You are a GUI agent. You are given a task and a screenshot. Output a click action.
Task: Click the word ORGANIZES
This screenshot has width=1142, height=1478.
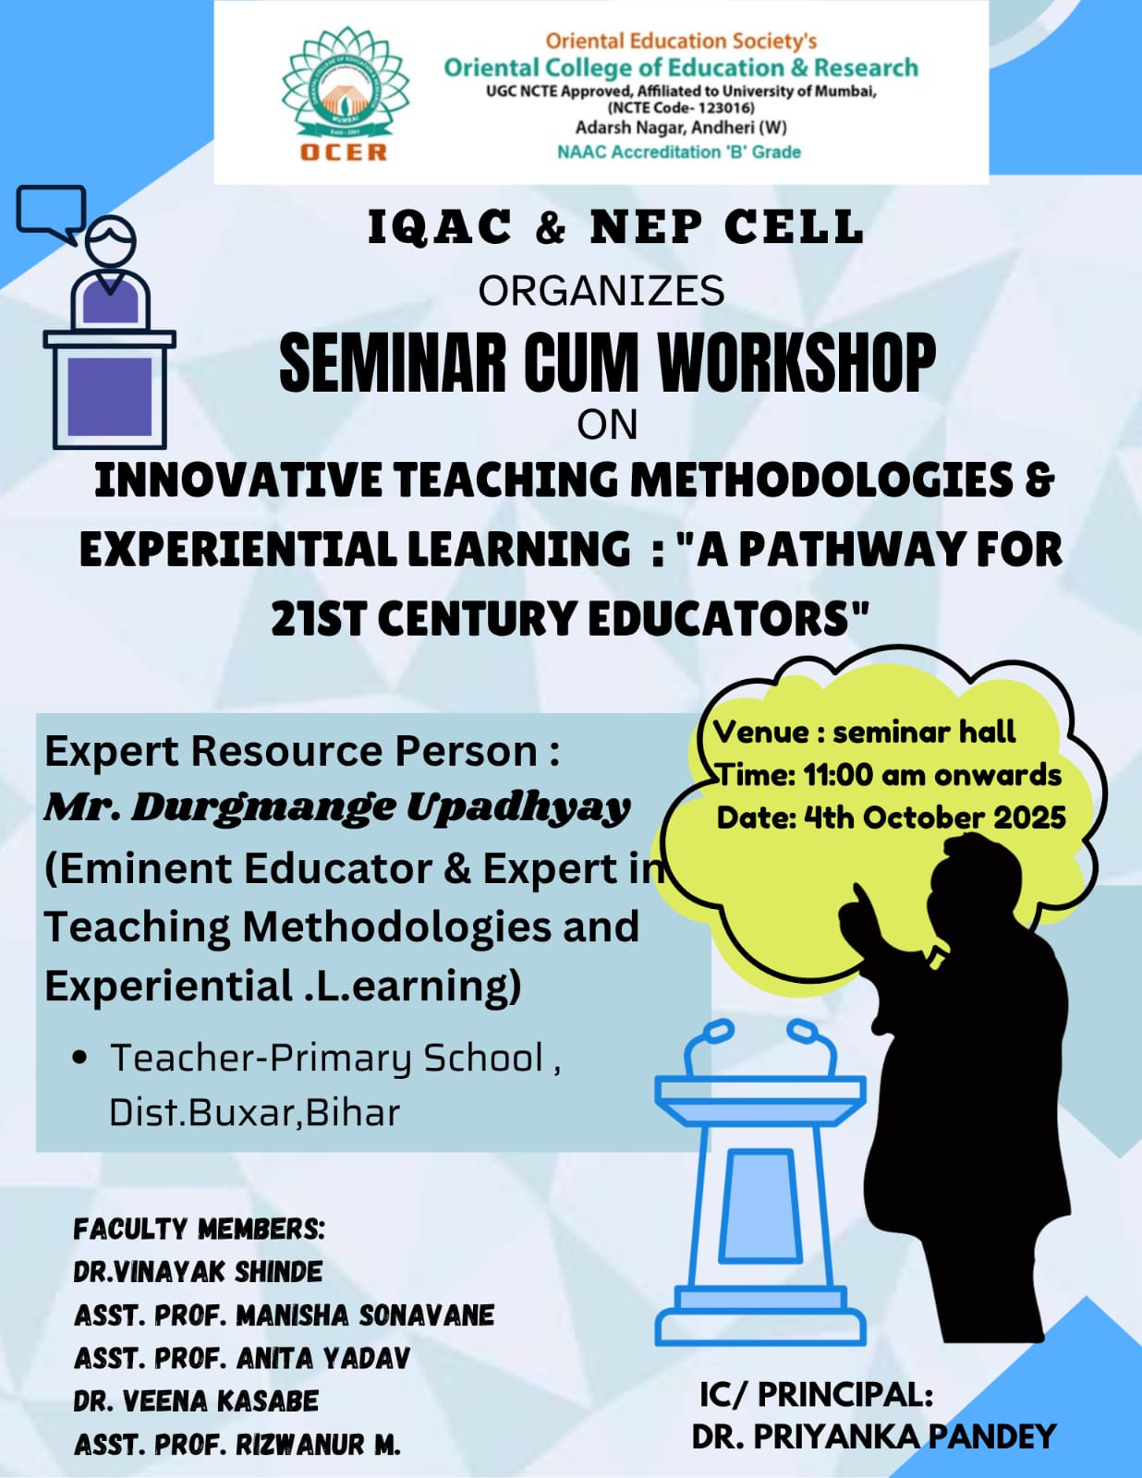tap(601, 291)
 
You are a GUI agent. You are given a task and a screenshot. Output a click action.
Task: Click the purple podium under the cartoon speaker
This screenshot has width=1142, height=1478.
tap(110, 389)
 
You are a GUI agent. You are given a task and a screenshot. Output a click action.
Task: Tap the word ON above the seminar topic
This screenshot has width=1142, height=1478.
tap(607, 425)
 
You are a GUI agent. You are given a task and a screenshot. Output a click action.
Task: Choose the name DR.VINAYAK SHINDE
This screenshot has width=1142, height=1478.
tap(198, 1272)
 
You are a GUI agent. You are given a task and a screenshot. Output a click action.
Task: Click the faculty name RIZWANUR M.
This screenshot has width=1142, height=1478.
tap(319, 1445)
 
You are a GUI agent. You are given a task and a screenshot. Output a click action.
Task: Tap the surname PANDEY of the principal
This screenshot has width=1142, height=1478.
tap(992, 1437)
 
